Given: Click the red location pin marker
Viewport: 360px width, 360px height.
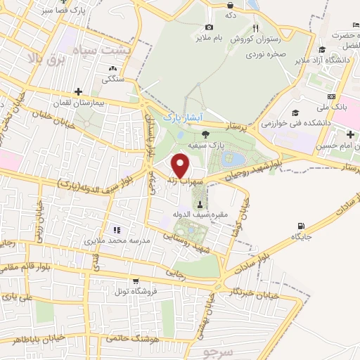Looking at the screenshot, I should [x=181, y=165].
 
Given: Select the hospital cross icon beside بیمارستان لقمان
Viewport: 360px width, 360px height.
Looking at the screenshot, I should [x=78, y=91].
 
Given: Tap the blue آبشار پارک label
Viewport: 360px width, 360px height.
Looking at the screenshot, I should [x=178, y=117].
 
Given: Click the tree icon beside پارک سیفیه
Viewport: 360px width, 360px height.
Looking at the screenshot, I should [x=205, y=134].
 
